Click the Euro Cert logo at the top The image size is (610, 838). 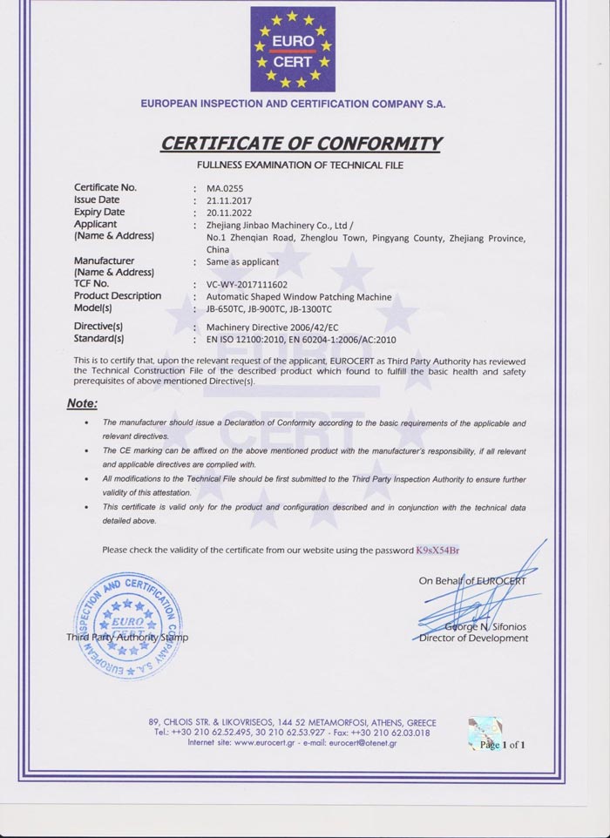point(293,49)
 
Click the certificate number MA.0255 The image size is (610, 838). point(225,187)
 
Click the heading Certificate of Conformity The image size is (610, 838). point(302,143)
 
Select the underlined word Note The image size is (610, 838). point(82,403)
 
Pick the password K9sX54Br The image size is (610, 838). point(437,550)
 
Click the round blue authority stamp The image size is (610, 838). point(127,626)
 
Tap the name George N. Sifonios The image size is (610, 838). point(485,626)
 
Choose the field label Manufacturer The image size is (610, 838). point(105,260)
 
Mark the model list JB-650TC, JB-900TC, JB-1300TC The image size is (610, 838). point(269,308)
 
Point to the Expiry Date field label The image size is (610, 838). point(99,212)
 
